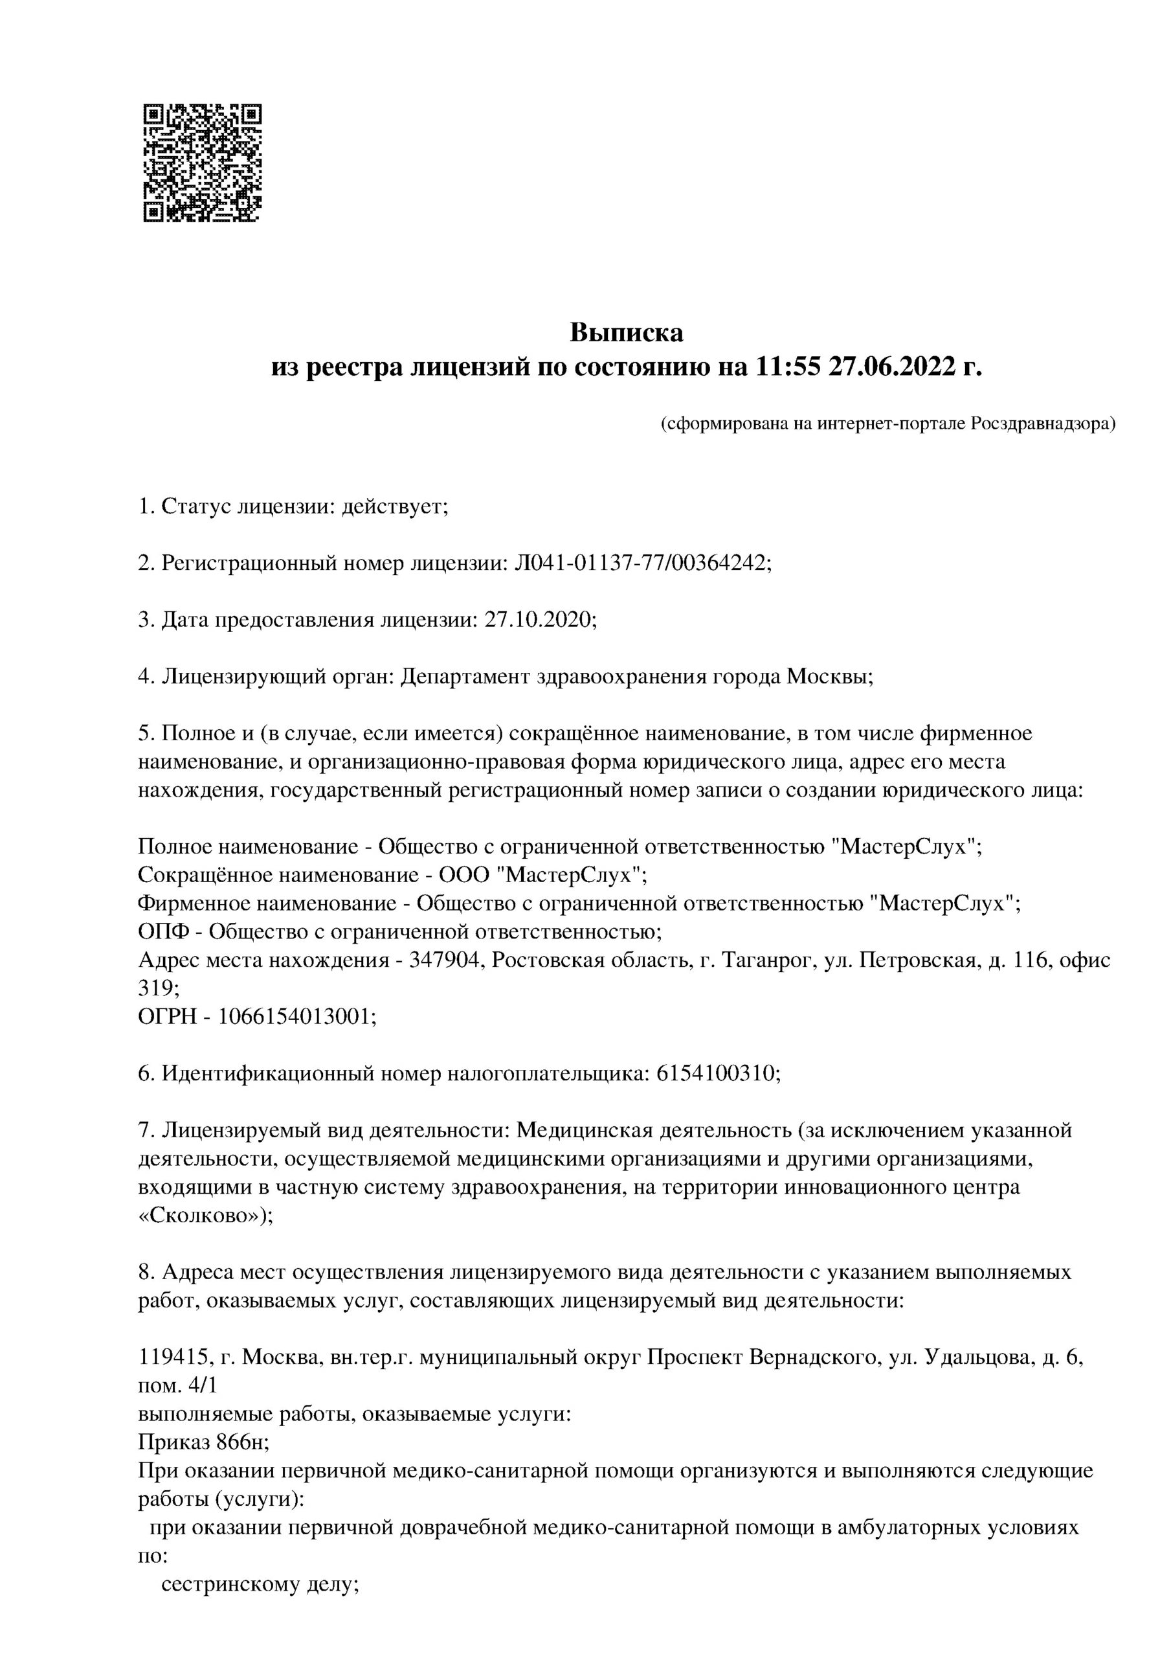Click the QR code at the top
point(203,163)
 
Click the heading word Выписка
point(626,333)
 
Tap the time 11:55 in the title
point(788,369)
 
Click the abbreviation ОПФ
point(164,932)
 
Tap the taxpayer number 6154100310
point(715,1074)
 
